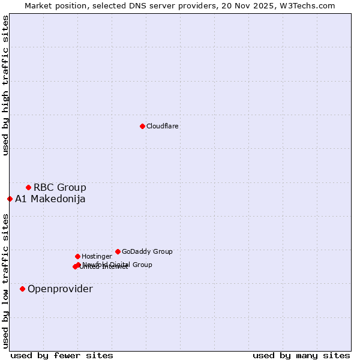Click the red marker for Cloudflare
tap(142, 126)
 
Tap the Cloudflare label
tap(163, 127)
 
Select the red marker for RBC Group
tap(28, 188)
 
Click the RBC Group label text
tap(60, 188)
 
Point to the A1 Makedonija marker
tap(10, 199)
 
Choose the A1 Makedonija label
tap(50, 199)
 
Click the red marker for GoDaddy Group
tap(118, 251)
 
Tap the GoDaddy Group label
tap(147, 252)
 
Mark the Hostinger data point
tap(77, 256)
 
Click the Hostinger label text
tap(97, 257)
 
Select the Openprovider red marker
tap(22, 289)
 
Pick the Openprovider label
tap(60, 289)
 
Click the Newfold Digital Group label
tap(118, 265)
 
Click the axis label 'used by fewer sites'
tap(62, 355)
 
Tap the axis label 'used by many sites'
tap(301, 355)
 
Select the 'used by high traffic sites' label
tap(5, 85)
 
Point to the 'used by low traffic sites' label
tap(5, 280)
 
